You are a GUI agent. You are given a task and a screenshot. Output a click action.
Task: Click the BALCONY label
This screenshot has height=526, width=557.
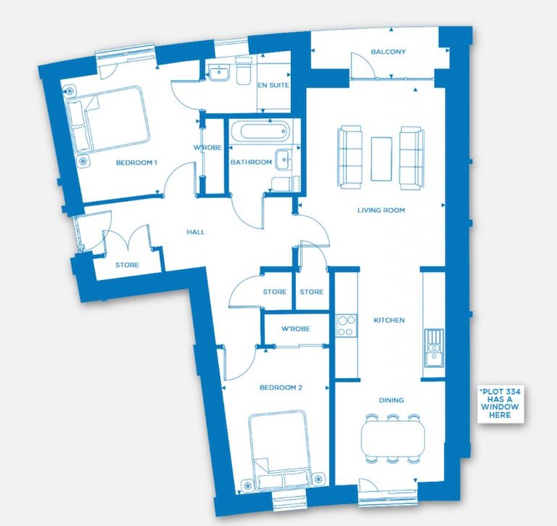[x=388, y=52]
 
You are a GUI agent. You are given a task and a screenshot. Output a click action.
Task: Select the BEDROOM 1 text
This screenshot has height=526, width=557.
[x=136, y=163]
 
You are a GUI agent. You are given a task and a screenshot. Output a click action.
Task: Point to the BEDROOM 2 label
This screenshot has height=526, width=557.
[x=280, y=388]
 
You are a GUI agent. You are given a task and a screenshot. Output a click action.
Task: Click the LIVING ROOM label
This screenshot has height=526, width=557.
[x=381, y=210]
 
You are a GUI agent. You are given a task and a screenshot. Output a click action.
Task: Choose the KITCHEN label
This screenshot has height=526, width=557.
[x=389, y=321]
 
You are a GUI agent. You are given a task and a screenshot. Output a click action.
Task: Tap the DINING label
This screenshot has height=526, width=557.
[x=391, y=400]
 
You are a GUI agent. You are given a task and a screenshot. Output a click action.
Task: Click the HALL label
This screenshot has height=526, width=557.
[x=196, y=233]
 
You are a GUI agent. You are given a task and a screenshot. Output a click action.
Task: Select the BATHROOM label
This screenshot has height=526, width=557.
[x=251, y=163]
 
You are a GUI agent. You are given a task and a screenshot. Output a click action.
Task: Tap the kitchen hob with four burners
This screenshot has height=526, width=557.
[x=345, y=326]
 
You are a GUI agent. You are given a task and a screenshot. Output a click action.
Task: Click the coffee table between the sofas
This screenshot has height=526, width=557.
[x=381, y=159]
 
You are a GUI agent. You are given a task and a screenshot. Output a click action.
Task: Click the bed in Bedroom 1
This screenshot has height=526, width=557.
[x=110, y=119]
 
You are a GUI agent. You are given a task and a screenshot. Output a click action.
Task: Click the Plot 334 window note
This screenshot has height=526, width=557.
[x=501, y=403]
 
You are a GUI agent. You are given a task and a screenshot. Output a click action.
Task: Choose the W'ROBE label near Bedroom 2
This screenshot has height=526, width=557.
[x=295, y=329]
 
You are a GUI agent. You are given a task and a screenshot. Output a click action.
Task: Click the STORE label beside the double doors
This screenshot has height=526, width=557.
[x=127, y=265]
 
